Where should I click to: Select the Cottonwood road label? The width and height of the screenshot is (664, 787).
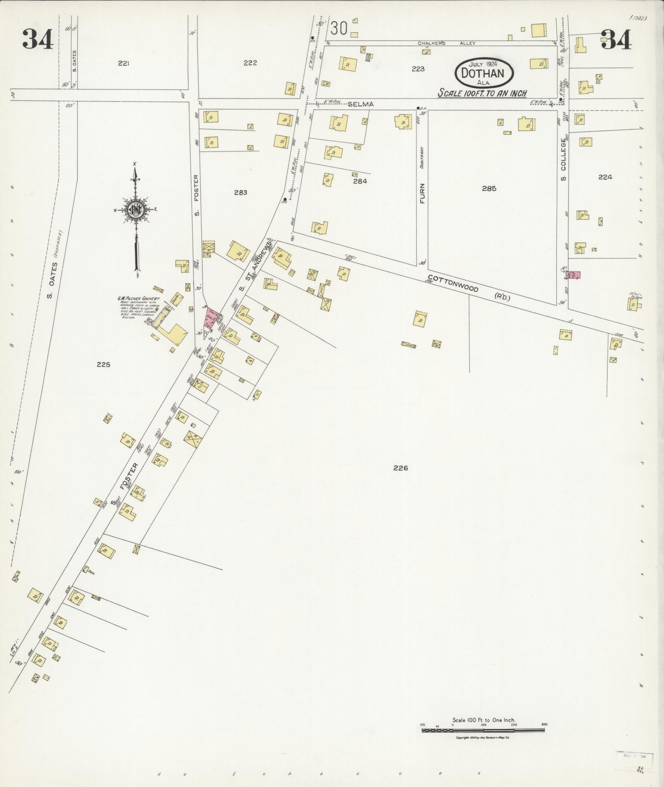(x=453, y=283)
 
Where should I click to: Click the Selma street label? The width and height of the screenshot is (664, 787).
(x=360, y=104)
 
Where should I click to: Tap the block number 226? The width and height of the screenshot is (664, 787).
(x=400, y=468)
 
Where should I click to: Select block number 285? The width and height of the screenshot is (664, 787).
(x=489, y=188)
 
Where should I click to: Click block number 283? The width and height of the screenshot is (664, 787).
(x=240, y=192)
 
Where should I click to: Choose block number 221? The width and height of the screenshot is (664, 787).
(x=123, y=63)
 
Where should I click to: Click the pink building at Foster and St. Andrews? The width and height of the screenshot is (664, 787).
(x=210, y=318)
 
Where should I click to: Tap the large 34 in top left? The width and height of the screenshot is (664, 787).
(x=37, y=39)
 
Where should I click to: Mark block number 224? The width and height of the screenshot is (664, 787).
(x=605, y=177)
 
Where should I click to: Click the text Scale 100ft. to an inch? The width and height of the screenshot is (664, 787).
(x=482, y=93)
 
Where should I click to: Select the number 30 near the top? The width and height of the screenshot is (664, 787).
(x=339, y=28)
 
